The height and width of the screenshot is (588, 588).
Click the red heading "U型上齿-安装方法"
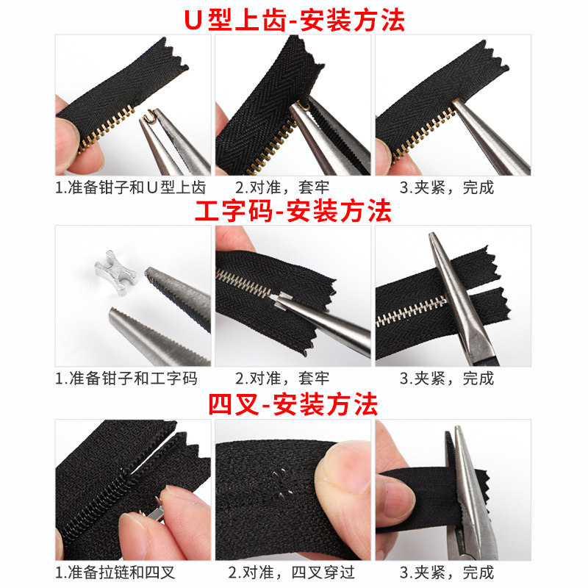point(295,20)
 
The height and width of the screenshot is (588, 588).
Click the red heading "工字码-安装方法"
point(293,211)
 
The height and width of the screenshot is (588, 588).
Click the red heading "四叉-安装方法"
point(293,404)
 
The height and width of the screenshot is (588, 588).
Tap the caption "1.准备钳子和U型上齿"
point(131,187)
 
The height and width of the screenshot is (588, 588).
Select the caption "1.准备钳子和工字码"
point(126,378)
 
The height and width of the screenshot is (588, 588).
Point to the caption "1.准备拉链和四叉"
point(115,573)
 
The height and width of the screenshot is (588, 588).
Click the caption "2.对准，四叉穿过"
point(291,573)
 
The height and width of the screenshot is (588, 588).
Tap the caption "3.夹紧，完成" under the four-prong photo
point(447,573)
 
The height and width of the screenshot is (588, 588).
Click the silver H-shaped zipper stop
point(115,273)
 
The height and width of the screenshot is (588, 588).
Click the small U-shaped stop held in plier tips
point(150,115)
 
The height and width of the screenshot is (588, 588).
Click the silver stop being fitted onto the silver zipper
point(282,301)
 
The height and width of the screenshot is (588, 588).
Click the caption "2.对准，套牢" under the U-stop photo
point(282,187)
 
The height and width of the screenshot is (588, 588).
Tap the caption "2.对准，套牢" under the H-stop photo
point(282,378)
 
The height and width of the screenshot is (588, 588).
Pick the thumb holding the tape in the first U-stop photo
point(68,143)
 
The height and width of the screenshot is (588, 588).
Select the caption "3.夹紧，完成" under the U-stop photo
point(447,187)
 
